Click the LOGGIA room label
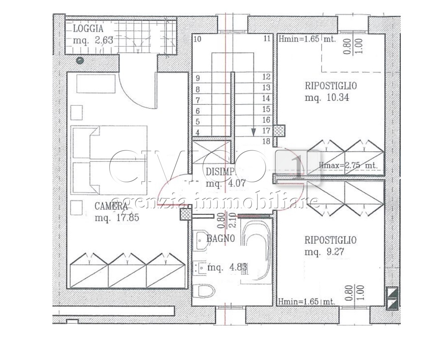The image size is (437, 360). (88, 29)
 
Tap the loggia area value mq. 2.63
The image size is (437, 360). (92, 40)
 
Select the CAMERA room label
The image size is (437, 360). (111, 206)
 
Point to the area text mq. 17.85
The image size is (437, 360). (117, 218)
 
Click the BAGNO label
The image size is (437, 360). (220, 239)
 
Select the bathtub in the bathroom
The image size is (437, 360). (256, 250)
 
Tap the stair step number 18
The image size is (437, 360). (266, 141)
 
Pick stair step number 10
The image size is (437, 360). (198, 39)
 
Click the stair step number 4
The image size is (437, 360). (198, 132)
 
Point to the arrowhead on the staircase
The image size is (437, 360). (253, 132)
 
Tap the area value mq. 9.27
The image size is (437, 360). (324, 252)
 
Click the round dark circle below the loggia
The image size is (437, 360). (80, 60)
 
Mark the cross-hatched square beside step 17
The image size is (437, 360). (279, 130)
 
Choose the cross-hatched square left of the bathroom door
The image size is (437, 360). (186, 214)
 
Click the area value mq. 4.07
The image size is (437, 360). (226, 183)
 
